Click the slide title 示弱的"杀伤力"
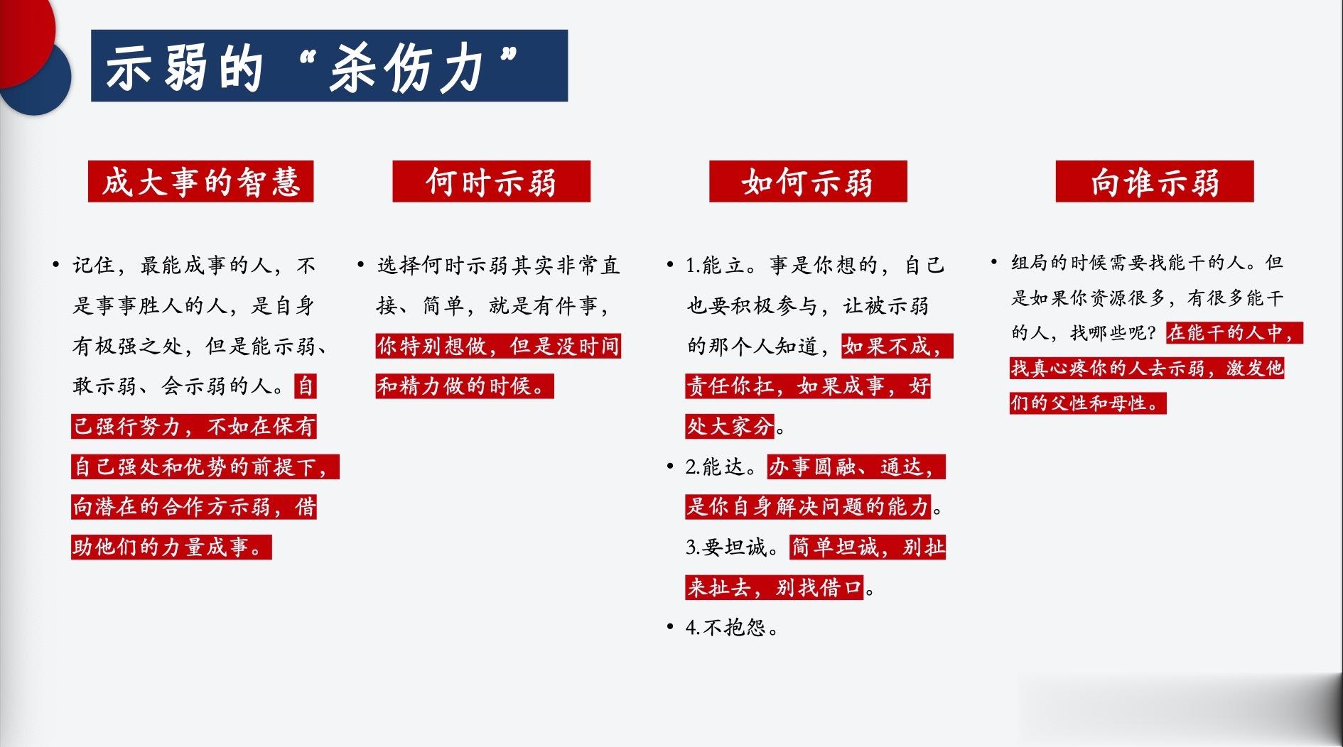click(x=311, y=68)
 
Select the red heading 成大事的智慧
click(x=201, y=182)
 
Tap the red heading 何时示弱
click(x=491, y=182)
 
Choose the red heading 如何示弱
click(x=808, y=182)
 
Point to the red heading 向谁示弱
click(x=1155, y=182)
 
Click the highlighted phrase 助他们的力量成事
click(x=171, y=547)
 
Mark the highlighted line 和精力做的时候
click(x=465, y=386)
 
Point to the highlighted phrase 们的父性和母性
click(x=1088, y=403)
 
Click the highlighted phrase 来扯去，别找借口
click(x=774, y=587)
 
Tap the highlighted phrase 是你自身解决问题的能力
click(x=808, y=506)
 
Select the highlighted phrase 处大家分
click(x=730, y=426)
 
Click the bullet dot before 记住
click(x=55, y=265)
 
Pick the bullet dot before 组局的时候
click(x=994, y=262)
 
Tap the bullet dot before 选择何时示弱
click(x=361, y=265)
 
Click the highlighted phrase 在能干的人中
click(x=1234, y=332)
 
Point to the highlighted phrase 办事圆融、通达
click(x=856, y=467)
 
